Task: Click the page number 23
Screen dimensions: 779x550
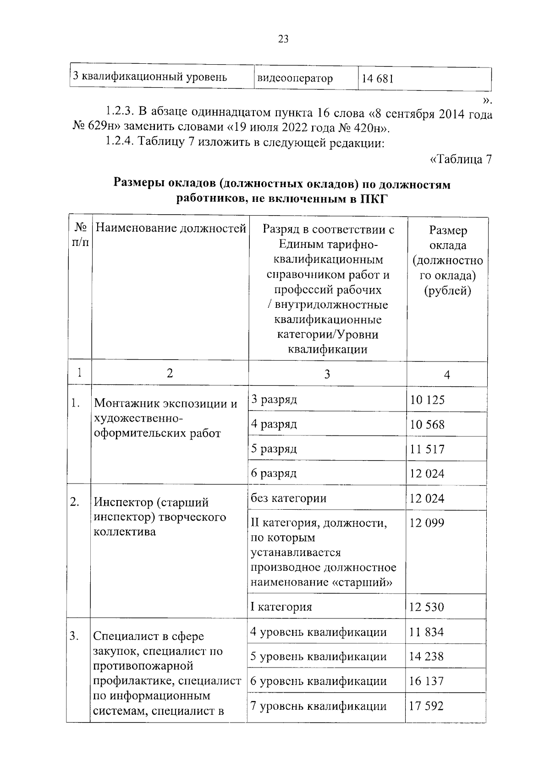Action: pos(283,39)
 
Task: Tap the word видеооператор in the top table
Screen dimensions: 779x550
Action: pos(295,78)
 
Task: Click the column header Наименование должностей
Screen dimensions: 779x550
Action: pos(171,228)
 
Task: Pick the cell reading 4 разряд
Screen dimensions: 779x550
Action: pos(274,424)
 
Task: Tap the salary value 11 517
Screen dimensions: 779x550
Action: pos(427,449)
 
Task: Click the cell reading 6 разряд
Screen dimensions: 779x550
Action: pos(274,473)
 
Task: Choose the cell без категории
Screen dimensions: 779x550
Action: pos(288,498)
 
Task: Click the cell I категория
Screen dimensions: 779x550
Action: pos(281,607)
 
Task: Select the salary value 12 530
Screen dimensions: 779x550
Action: pos(426,607)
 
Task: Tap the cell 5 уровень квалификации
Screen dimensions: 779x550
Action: pos(318,657)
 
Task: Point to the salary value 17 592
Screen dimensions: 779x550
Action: pos(426,706)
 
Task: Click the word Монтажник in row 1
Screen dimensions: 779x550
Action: pos(124,404)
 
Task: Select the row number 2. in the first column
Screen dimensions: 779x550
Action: pos(75,502)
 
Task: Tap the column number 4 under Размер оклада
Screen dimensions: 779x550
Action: pos(447,375)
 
